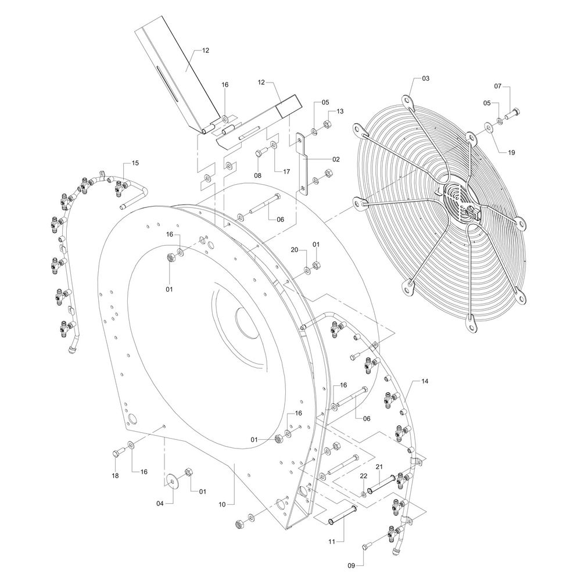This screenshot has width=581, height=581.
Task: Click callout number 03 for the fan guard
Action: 425,78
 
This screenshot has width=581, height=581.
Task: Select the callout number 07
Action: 498,87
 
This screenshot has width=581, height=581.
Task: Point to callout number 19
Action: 511,152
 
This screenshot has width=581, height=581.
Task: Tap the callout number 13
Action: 339,111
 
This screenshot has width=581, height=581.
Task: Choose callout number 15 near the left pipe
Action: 135,163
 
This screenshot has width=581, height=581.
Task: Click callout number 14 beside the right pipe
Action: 425,381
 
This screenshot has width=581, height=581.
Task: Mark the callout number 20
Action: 294,250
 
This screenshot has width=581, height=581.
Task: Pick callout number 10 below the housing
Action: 222,504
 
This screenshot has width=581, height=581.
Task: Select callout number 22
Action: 363,476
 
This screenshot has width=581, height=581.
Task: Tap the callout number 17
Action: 286,171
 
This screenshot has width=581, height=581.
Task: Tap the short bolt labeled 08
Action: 260,152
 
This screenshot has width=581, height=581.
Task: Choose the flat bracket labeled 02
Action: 303,163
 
